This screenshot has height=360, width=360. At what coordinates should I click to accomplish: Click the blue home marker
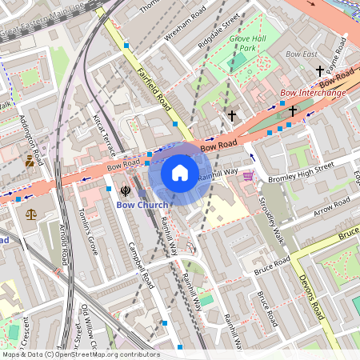(180, 173)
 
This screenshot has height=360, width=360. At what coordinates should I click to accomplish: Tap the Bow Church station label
(142, 205)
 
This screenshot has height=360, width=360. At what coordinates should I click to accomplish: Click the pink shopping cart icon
(248, 176)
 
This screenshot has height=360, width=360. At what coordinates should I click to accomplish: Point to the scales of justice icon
(31, 214)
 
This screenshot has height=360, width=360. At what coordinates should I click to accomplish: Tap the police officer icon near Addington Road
(30, 161)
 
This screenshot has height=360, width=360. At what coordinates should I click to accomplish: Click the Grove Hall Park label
(247, 43)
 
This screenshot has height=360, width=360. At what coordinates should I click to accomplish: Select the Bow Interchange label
(313, 93)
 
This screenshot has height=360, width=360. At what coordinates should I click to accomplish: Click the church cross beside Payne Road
(320, 71)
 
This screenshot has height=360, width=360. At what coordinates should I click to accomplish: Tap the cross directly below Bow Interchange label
(293, 110)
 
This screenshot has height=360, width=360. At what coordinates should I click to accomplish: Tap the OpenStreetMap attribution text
(80, 354)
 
